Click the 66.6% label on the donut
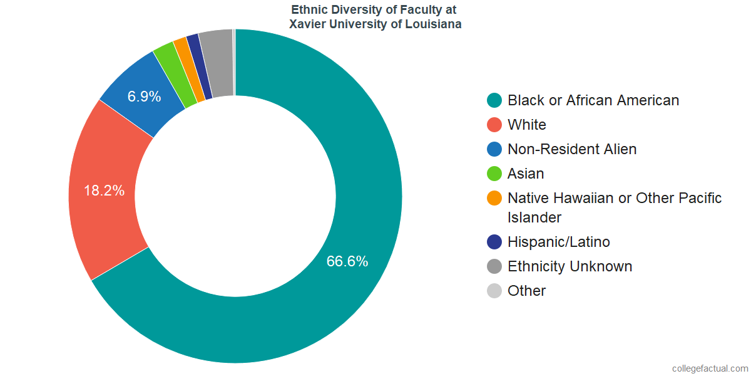click(x=347, y=261)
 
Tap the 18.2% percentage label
click(x=104, y=191)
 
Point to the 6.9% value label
click(x=145, y=97)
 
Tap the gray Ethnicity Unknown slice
click(x=217, y=63)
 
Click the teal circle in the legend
click(x=494, y=100)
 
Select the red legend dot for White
click(x=494, y=125)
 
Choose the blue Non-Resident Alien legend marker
click(x=494, y=149)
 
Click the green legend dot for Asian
click(x=494, y=174)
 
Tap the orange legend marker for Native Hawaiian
click(x=494, y=198)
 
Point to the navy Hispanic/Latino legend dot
click(x=494, y=242)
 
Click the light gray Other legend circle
click(x=494, y=291)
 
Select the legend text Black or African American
click(x=593, y=100)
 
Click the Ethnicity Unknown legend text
click(x=570, y=266)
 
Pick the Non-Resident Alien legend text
click(x=572, y=149)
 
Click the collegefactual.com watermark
click(x=709, y=368)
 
